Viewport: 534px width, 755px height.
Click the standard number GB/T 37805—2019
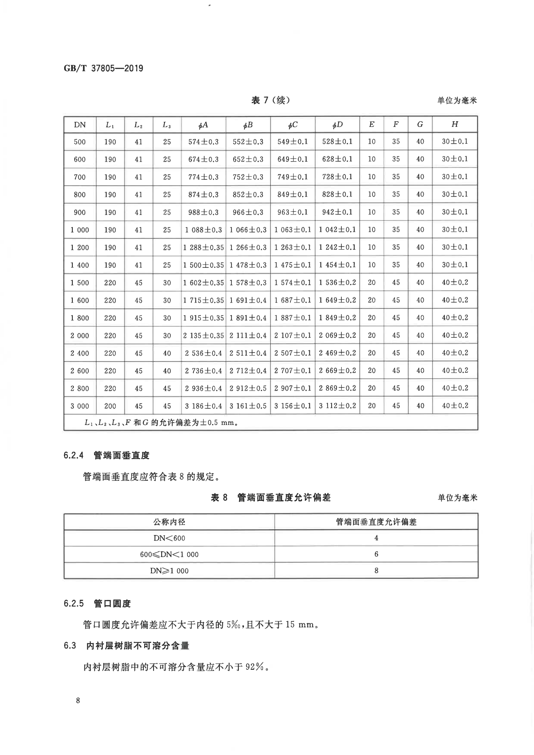pyautogui.click(x=103, y=68)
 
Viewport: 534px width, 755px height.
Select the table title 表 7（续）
pyautogui.click(x=271, y=100)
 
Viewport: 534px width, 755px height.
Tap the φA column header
pyautogui.click(x=204, y=125)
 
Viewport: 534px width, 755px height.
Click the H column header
pyautogui.click(x=454, y=124)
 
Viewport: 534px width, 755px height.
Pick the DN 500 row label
pyautogui.click(x=80, y=142)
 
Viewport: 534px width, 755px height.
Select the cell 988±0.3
pyautogui.click(x=204, y=212)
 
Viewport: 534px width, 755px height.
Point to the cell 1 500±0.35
pyautogui.click(x=204, y=265)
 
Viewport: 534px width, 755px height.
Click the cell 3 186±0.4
pyautogui.click(x=204, y=406)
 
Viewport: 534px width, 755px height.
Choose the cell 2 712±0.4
pyautogui.click(x=248, y=371)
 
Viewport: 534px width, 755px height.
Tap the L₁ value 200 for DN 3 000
pyautogui.click(x=110, y=406)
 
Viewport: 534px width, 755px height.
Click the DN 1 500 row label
pyautogui.click(x=80, y=283)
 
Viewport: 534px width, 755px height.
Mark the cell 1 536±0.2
pyautogui.click(x=337, y=283)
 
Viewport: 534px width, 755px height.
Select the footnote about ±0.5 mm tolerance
pyautogui.click(x=161, y=423)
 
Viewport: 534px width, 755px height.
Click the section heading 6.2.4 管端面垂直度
pyautogui.click(x=107, y=455)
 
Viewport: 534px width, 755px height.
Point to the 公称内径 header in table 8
pyautogui.click(x=169, y=522)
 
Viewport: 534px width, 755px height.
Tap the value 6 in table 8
pyautogui.click(x=376, y=554)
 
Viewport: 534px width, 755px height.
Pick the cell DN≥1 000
pyautogui.click(x=169, y=571)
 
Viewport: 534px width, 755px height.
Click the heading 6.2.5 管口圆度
pyautogui.click(x=97, y=604)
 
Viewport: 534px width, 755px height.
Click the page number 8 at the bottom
pyautogui.click(x=78, y=700)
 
